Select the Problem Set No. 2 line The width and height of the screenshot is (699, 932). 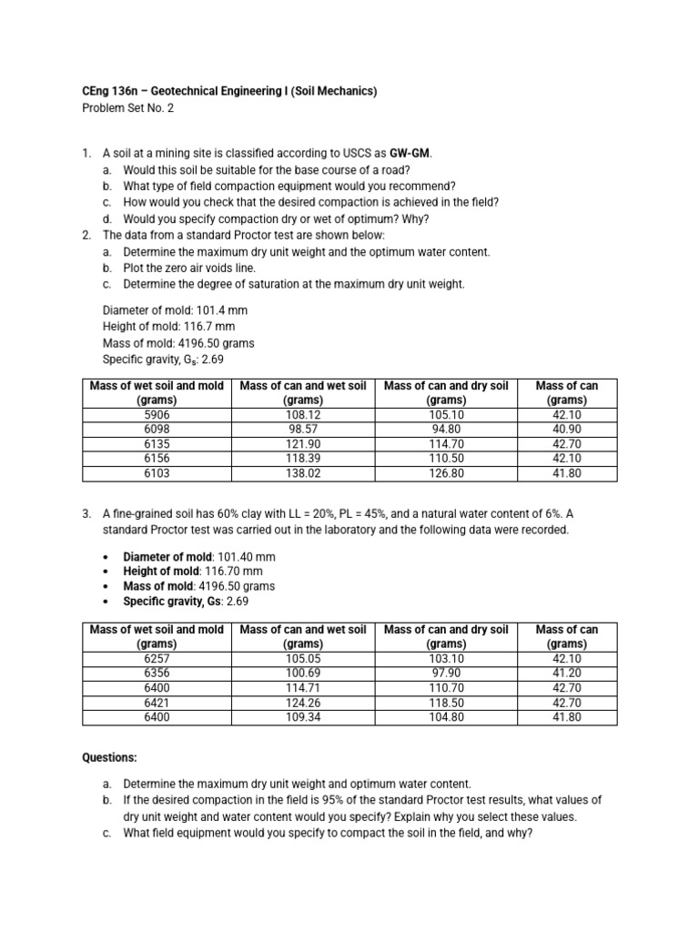(127, 107)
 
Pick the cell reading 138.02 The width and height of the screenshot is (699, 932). (302, 473)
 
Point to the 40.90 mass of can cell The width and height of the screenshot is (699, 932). (566, 429)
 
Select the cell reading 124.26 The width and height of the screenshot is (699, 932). (302, 703)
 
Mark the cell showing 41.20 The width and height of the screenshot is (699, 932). (566, 673)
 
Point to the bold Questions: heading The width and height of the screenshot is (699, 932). (110, 757)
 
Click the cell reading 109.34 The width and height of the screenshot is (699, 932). (302, 717)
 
